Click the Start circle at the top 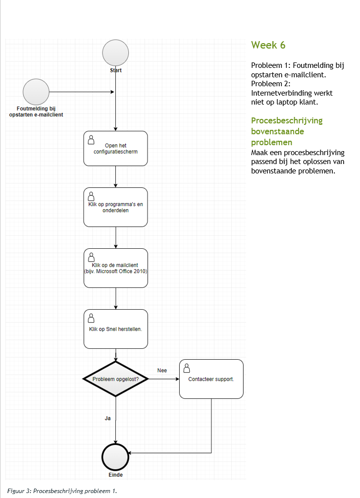click(x=116, y=53)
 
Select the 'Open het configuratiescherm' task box click(x=115, y=148)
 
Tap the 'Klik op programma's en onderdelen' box click(x=115, y=207)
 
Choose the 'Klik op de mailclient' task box click(x=115, y=268)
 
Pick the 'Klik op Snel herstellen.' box click(x=115, y=329)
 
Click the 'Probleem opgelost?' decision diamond click(x=115, y=379)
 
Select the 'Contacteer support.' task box click(x=211, y=379)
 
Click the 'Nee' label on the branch click(x=162, y=370)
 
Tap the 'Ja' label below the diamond click(x=107, y=418)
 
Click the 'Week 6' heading click(x=268, y=45)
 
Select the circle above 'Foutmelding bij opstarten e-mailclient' click(x=36, y=92)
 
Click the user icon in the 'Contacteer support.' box click(x=187, y=368)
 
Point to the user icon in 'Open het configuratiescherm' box click(x=92, y=139)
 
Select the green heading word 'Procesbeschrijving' click(x=287, y=121)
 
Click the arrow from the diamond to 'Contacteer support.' click(x=163, y=379)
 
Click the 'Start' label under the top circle click(x=116, y=70)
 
